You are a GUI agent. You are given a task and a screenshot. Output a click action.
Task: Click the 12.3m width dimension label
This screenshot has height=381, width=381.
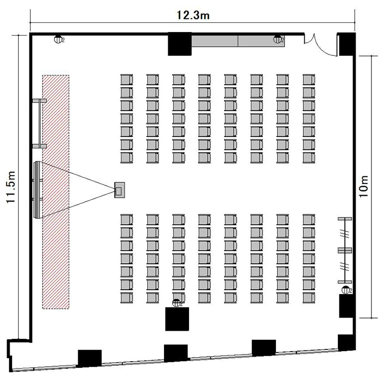193,15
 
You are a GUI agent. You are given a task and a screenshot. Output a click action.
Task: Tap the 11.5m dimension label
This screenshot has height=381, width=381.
11,187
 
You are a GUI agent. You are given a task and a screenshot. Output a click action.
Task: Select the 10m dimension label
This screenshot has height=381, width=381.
364,186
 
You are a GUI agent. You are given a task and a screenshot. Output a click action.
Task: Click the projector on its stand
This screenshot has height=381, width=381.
119,190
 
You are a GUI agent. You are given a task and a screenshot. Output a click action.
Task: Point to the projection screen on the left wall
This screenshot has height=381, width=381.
37,190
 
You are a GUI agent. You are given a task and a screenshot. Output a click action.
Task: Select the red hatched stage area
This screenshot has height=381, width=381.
56,192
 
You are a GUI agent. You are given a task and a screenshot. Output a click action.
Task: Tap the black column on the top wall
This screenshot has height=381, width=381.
179,44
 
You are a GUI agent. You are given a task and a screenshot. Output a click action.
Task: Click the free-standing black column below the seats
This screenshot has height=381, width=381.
177,319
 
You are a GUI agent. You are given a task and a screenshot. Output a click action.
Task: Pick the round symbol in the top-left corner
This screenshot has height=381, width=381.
57,39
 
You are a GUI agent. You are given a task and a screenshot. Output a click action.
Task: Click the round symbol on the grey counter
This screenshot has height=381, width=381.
277,39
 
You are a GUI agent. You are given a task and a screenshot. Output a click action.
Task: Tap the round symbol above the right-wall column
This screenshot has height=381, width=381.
345,290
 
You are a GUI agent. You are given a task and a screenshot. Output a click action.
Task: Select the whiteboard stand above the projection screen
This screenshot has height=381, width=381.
39,123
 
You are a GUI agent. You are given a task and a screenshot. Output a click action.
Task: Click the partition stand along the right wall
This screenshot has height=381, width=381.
345,250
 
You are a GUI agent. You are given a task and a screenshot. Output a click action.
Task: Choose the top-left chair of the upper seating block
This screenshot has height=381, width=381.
127,80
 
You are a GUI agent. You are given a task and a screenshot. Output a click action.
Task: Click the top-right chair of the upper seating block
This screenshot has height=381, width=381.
309,80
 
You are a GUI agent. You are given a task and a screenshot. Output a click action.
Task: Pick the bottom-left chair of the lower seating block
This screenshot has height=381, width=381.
127,298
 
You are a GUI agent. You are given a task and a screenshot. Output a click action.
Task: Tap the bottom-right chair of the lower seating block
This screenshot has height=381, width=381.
309,298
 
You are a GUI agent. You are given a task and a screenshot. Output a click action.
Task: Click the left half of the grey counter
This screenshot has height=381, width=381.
214,41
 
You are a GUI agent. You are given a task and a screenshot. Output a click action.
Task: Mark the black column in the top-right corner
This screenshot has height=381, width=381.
347,44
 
